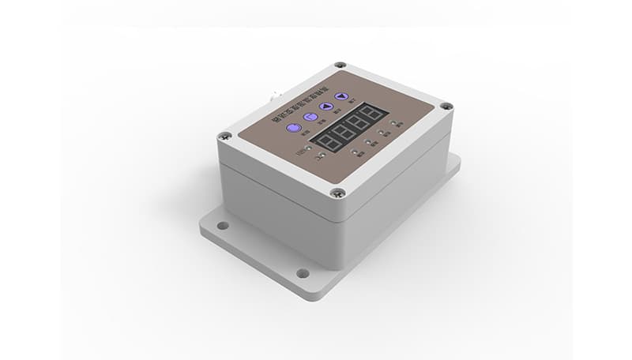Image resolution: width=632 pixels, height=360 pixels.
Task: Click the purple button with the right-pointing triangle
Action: [x=325, y=106]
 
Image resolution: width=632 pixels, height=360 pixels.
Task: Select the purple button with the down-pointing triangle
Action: [x=341, y=96]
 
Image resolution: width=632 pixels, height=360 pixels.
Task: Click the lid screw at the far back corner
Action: [x=340, y=66]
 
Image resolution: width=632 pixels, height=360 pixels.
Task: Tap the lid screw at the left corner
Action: [x=226, y=136]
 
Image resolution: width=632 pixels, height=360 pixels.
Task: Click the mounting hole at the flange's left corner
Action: [x=222, y=226]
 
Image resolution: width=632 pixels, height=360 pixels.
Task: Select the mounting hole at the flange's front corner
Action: [x=303, y=273]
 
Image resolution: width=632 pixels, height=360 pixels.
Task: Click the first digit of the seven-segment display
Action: [x=327, y=140]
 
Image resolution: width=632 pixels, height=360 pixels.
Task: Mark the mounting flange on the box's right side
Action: [x=453, y=165]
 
